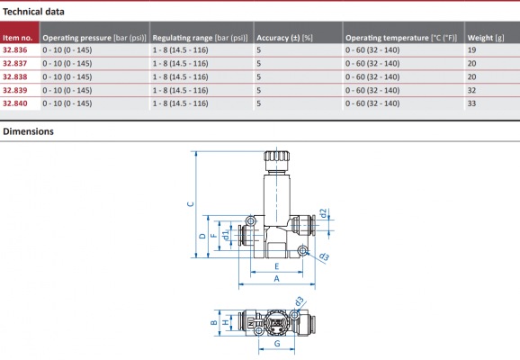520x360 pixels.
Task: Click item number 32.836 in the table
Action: click(x=15, y=51)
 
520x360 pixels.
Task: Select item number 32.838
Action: click(x=15, y=77)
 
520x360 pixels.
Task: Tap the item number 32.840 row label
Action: click(x=15, y=103)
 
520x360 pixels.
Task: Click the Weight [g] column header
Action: click(x=487, y=38)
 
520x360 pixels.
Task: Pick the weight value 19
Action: click(x=471, y=51)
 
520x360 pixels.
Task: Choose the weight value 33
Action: click(x=471, y=103)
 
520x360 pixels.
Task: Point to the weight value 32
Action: click(x=471, y=91)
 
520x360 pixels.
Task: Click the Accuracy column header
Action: click(x=284, y=38)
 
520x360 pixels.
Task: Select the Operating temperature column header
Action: click(x=402, y=38)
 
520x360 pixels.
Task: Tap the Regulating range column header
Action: click(x=200, y=38)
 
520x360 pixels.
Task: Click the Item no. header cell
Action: click(x=18, y=38)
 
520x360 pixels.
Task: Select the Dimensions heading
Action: click(x=28, y=131)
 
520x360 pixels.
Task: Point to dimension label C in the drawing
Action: click(x=189, y=204)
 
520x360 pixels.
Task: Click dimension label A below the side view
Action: click(x=276, y=280)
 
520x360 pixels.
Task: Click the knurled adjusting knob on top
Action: click(x=275, y=162)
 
